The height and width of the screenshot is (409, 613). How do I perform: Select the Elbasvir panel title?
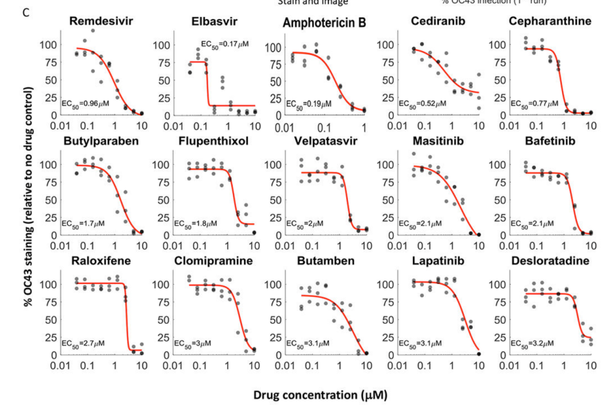(214, 22)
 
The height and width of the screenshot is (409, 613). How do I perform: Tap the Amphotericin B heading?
(324, 23)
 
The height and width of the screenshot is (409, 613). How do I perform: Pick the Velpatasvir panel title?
(325, 141)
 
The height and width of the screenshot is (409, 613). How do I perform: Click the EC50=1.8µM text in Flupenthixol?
(196, 223)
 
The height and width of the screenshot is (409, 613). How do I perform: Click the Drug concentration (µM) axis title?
(321, 395)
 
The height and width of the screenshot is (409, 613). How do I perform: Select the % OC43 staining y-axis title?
(28, 198)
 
